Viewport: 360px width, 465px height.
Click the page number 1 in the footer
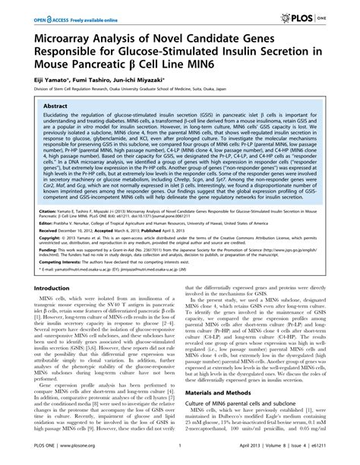pyautogui.click(x=178, y=458)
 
